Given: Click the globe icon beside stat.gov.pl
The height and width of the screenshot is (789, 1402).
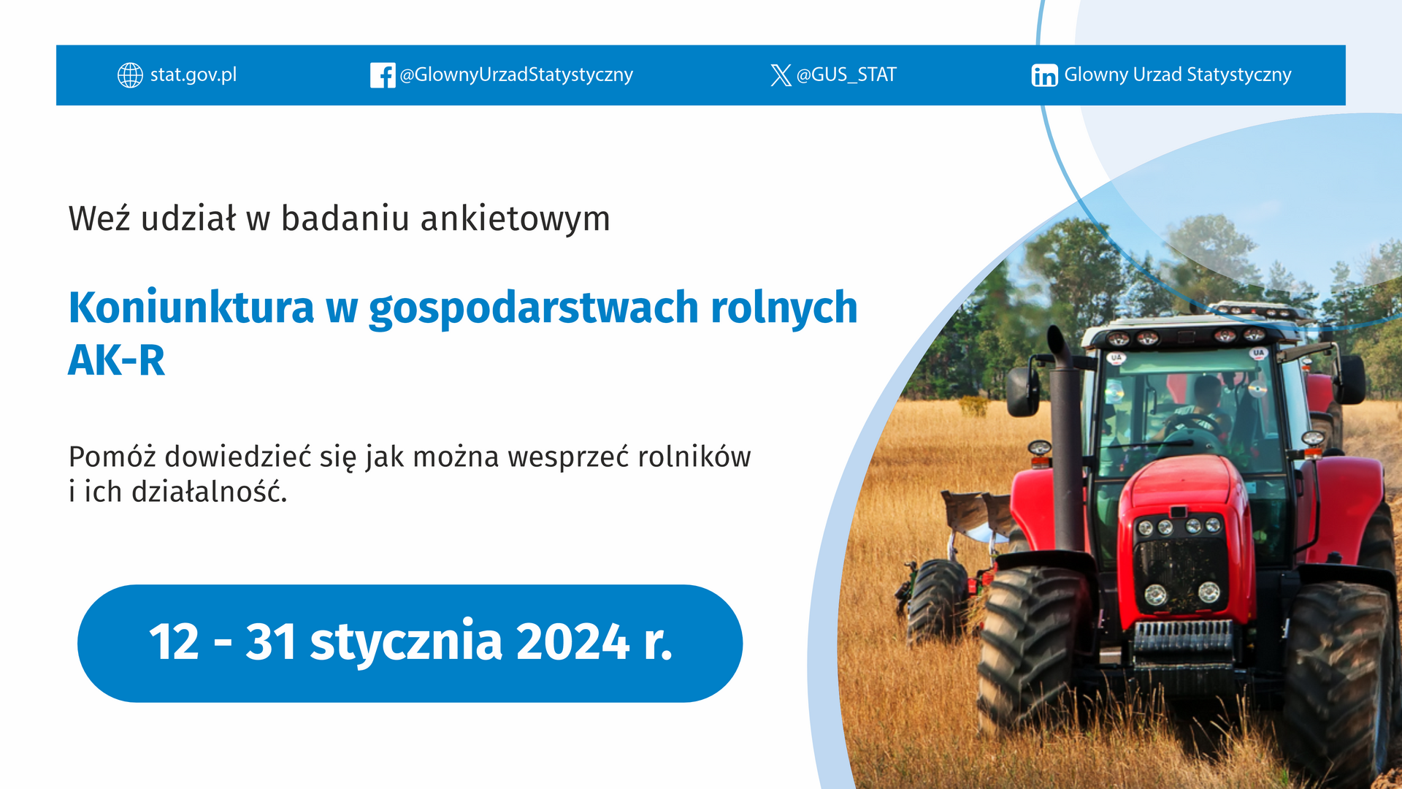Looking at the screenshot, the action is (x=130, y=75).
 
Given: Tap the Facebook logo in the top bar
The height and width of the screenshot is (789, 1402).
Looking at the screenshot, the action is (x=383, y=75).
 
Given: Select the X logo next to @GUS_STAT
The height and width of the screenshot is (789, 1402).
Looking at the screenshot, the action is (x=781, y=75).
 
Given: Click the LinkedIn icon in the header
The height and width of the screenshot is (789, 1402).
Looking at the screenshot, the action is (x=1044, y=75).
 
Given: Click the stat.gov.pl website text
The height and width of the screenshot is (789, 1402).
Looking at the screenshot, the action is (x=194, y=75).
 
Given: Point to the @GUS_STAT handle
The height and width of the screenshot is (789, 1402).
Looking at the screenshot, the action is (x=846, y=75).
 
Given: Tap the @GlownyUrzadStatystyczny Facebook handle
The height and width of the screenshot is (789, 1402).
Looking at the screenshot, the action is (x=516, y=75).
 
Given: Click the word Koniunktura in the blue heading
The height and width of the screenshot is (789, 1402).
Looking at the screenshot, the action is (x=191, y=308).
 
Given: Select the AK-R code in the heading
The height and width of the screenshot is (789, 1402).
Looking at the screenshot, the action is (x=117, y=361).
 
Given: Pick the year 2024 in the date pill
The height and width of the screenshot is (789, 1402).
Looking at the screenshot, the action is (x=573, y=642).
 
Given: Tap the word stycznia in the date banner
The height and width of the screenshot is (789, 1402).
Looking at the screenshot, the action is (x=407, y=643).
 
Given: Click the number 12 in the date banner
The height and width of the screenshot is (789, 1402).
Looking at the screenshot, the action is (x=174, y=642).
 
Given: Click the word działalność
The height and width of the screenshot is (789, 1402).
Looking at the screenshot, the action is (x=210, y=492).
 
